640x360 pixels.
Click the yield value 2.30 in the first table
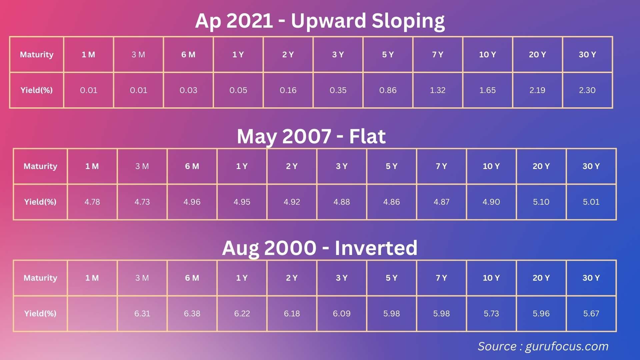[x=587, y=90]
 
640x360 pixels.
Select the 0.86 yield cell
[x=388, y=90]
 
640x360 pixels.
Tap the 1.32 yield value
[x=438, y=90]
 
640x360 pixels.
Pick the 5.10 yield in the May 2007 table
[x=541, y=202]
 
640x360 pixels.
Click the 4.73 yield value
[x=142, y=202]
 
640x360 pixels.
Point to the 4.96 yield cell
[x=192, y=202]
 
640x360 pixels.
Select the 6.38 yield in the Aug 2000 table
[x=192, y=314]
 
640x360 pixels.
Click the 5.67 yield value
[x=591, y=314]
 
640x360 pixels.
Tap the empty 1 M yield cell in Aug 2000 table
[x=92, y=314]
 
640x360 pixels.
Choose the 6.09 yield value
[x=342, y=314]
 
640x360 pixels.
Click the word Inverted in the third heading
[x=376, y=248]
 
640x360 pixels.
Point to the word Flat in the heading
[x=367, y=136]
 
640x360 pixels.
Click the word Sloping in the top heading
[x=408, y=21]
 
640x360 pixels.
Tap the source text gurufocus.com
[x=567, y=347]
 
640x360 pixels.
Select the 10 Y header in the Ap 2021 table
[x=487, y=55]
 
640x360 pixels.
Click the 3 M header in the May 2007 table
[x=142, y=166]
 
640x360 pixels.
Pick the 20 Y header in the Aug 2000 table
[x=541, y=278]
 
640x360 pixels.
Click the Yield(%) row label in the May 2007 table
[x=40, y=202]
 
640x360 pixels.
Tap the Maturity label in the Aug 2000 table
[x=40, y=278]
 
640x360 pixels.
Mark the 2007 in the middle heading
[x=307, y=136]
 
